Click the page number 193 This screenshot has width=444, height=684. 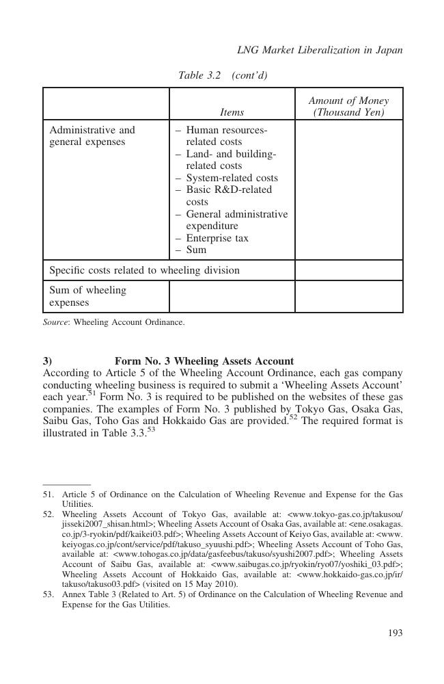pos(395,633)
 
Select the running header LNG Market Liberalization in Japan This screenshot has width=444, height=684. pos(319,50)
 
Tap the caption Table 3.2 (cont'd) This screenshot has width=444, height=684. pos(222,75)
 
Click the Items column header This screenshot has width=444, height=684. pos(232,111)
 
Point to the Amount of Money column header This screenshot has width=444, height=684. pos(348,106)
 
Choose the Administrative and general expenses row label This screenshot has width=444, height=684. pos(92,135)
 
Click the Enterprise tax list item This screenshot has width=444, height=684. pos(217,238)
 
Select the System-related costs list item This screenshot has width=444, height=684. pos(231,178)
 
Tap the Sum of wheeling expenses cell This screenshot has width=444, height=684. pos(87,296)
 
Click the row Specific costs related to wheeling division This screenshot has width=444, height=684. pos(144,270)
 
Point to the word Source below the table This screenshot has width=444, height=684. pos(55,321)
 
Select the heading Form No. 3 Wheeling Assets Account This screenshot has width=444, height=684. pos(204,361)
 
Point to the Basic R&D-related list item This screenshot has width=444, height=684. pos(228,189)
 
